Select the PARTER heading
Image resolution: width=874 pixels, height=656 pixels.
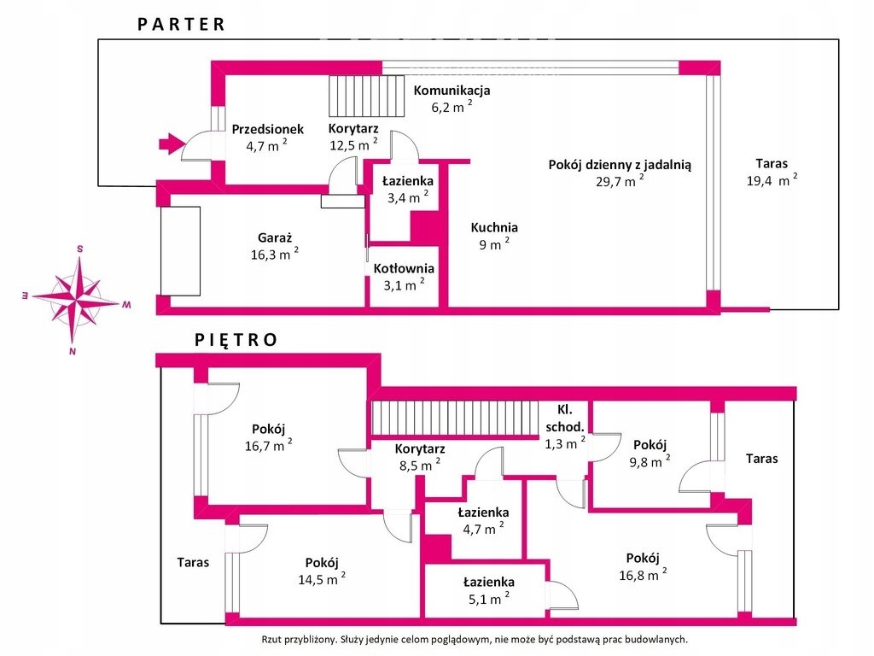pos(182,24)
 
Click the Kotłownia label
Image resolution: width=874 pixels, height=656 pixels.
pos(399,268)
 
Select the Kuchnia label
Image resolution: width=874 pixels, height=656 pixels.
pos(494,228)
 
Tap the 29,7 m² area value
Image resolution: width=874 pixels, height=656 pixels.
pos(619,181)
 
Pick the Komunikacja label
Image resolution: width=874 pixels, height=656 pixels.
pos(452,91)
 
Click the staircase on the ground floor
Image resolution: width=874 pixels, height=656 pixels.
pos(367,96)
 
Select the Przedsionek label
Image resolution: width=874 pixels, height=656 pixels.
pos(267,130)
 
